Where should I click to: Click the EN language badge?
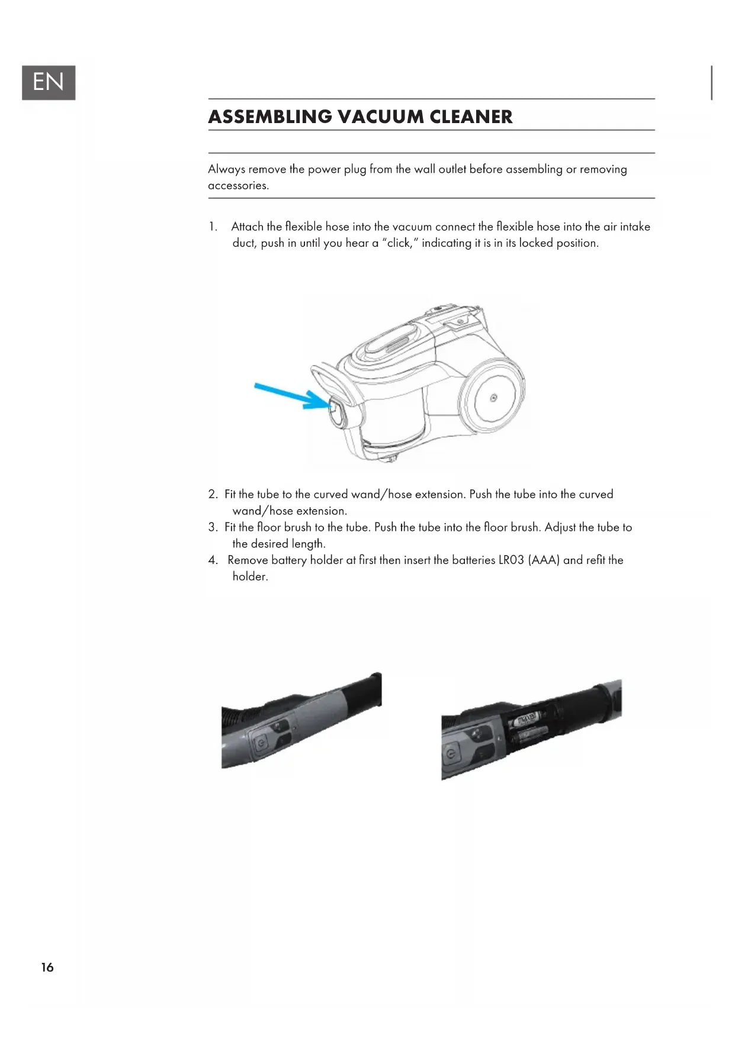click(x=49, y=82)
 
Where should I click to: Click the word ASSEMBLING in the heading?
click(x=270, y=117)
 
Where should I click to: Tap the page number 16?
click(x=47, y=967)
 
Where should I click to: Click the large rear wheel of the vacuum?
click(x=492, y=398)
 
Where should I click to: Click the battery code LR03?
click(x=511, y=560)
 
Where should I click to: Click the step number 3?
click(x=213, y=527)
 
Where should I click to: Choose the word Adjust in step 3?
click(x=561, y=527)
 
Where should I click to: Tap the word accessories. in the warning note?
click(x=238, y=186)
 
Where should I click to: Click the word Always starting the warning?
click(x=226, y=169)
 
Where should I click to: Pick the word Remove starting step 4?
click(x=248, y=560)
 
